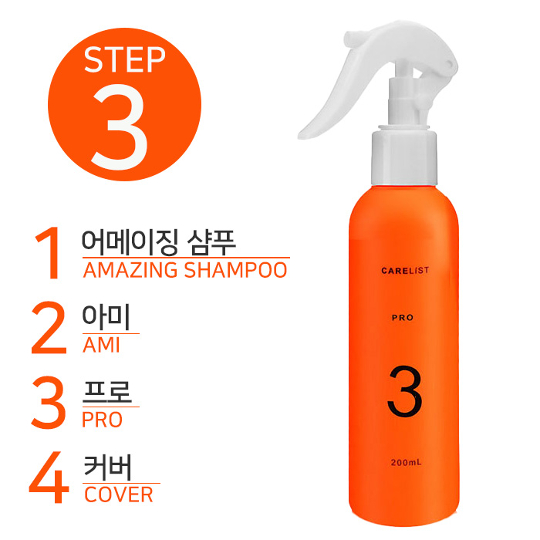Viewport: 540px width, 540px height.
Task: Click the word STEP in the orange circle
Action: coord(125,59)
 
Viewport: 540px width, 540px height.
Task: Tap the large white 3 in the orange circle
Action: coord(120,127)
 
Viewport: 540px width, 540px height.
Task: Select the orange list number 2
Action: coord(49,328)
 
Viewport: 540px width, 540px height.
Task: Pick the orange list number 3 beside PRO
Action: coord(48,403)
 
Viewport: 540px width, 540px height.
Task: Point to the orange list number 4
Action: coord(49,477)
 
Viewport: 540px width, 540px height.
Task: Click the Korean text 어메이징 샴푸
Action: coord(159,242)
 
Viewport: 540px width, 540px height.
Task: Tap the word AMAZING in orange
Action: coord(130,270)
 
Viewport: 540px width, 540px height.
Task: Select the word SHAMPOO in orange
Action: coord(235,270)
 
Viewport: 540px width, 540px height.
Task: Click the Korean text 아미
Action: coord(106,317)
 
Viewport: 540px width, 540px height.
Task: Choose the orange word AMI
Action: coord(101,345)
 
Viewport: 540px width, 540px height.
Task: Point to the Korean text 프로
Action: coord(107,392)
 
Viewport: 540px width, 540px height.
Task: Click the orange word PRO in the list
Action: coord(103,420)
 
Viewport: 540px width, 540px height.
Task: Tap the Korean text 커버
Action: coord(108,467)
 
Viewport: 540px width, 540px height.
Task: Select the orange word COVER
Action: coord(119,494)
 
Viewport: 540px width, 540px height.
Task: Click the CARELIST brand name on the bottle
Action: coord(405,270)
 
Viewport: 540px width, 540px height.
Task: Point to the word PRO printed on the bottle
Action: coord(402,318)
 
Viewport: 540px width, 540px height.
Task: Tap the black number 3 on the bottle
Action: coord(404,392)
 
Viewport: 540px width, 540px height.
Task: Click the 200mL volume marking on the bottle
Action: coord(406,462)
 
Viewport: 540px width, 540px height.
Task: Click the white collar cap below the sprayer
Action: coord(404,157)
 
